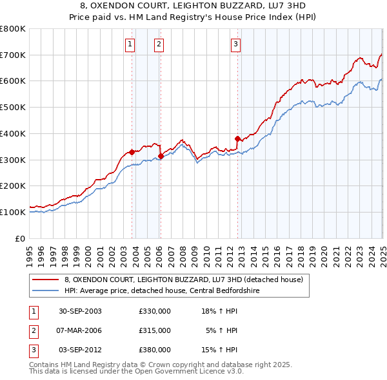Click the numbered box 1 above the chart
click(x=130, y=44)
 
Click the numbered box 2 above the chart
click(x=159, y=44)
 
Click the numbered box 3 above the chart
click(x=236, y=44)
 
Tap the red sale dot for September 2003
click(x=132, y=152)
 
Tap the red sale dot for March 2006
click(x=161, y=156)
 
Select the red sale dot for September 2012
click(x=237, y=138)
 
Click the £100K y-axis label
click(x=13, y=212)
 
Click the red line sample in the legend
click(x=46, y=280)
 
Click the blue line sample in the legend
click(x=46, y=290)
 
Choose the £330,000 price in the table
click(x=154, y=311)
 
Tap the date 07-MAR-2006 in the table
click(x=80, y=330)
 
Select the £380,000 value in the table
click(x=154, y=350)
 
